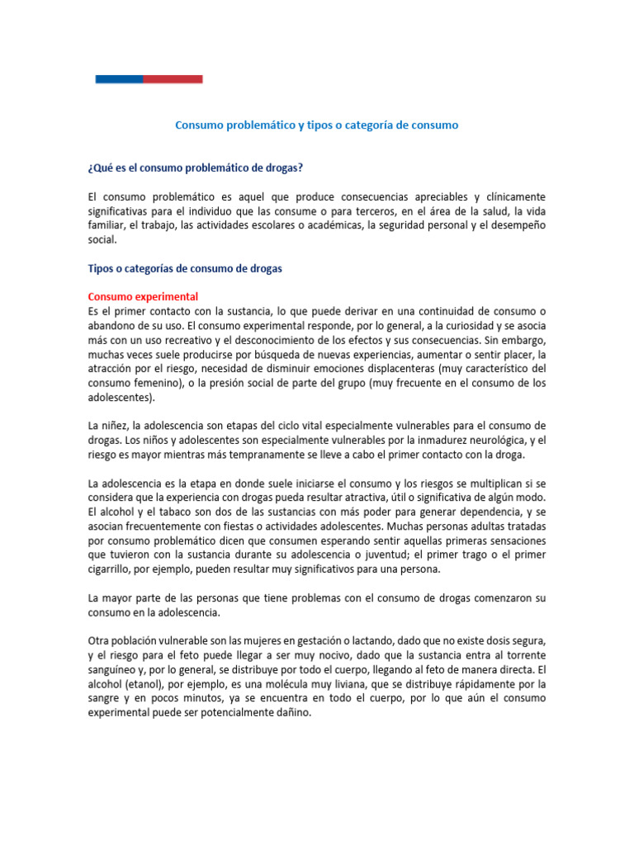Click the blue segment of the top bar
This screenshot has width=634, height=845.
coord(119,79)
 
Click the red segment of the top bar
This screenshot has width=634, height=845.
coord(173,79)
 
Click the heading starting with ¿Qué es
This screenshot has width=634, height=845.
coord(195,168)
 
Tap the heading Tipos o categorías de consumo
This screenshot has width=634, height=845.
coord(185,268)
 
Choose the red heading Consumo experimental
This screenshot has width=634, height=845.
coord(143,296)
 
